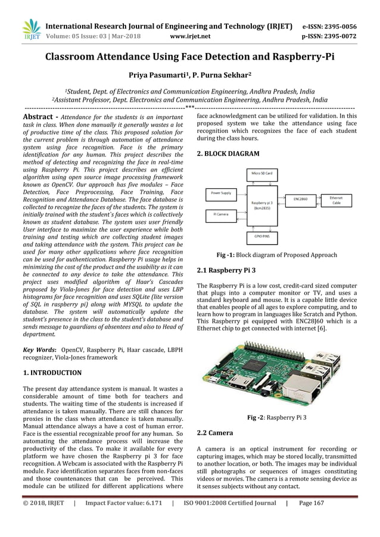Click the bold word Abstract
coord(39,117)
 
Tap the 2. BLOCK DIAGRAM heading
coord(228,154)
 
